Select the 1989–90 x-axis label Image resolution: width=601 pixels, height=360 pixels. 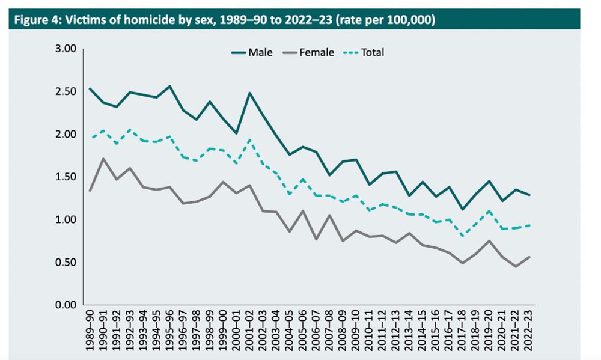90,331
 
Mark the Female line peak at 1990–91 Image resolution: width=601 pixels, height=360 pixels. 104,159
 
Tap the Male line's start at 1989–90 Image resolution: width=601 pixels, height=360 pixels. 90,88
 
